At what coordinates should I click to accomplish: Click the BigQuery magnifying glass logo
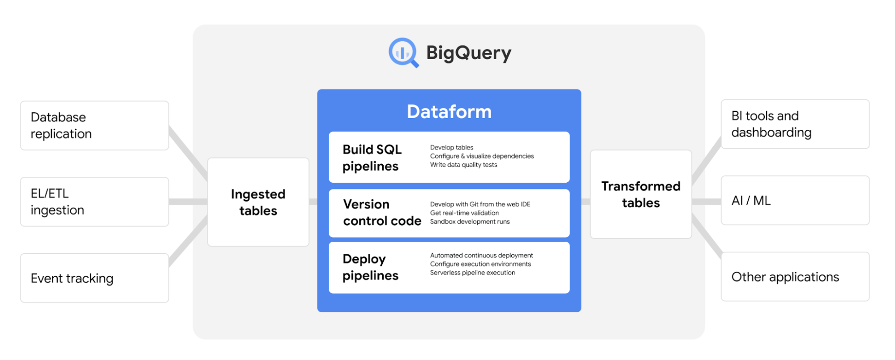(x=403, y=52)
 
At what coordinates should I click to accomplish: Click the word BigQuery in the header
(x=469, y=53)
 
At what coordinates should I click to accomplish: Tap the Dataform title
(x=449, y=111)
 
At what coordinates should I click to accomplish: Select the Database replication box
(x=94, y=125)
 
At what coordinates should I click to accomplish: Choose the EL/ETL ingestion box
(x=94, y=201)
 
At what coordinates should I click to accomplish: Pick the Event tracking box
(x=94, y=278)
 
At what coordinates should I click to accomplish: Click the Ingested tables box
(x=258, y=202)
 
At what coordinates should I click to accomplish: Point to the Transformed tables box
(x=641, y=194)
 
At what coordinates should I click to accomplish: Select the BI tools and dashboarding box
(x=795, y=124)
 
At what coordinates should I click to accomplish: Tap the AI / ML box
(x=795, y=200)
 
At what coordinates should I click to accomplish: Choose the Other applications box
(x=795, y=277)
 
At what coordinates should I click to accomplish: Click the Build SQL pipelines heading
(x=372, y=158)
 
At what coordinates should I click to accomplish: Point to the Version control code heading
(x=382, y=212)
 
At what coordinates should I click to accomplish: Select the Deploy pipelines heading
(x=370, y=267)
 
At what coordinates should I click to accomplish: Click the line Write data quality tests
(x=463, y=165)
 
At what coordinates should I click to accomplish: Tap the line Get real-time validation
(x=464, y=213)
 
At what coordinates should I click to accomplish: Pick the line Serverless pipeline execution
(x=472, y=273)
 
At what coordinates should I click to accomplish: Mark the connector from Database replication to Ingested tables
(x=188, y=153)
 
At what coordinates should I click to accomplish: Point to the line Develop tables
(x=452, y=147)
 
